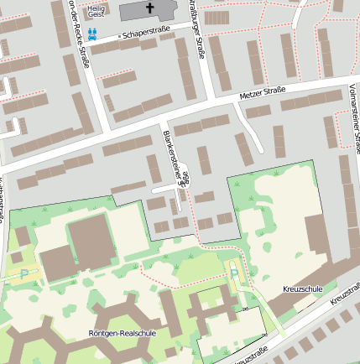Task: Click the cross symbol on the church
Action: [151, 8]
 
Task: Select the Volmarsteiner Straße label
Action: [353, 113]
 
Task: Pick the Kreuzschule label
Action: [303, 289]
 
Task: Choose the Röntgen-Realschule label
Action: [123, 333]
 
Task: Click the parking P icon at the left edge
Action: [23, 273]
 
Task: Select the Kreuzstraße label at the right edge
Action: [346, 294]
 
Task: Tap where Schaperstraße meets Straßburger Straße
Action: [193, 28]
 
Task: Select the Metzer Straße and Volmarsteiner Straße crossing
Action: [343, 84]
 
